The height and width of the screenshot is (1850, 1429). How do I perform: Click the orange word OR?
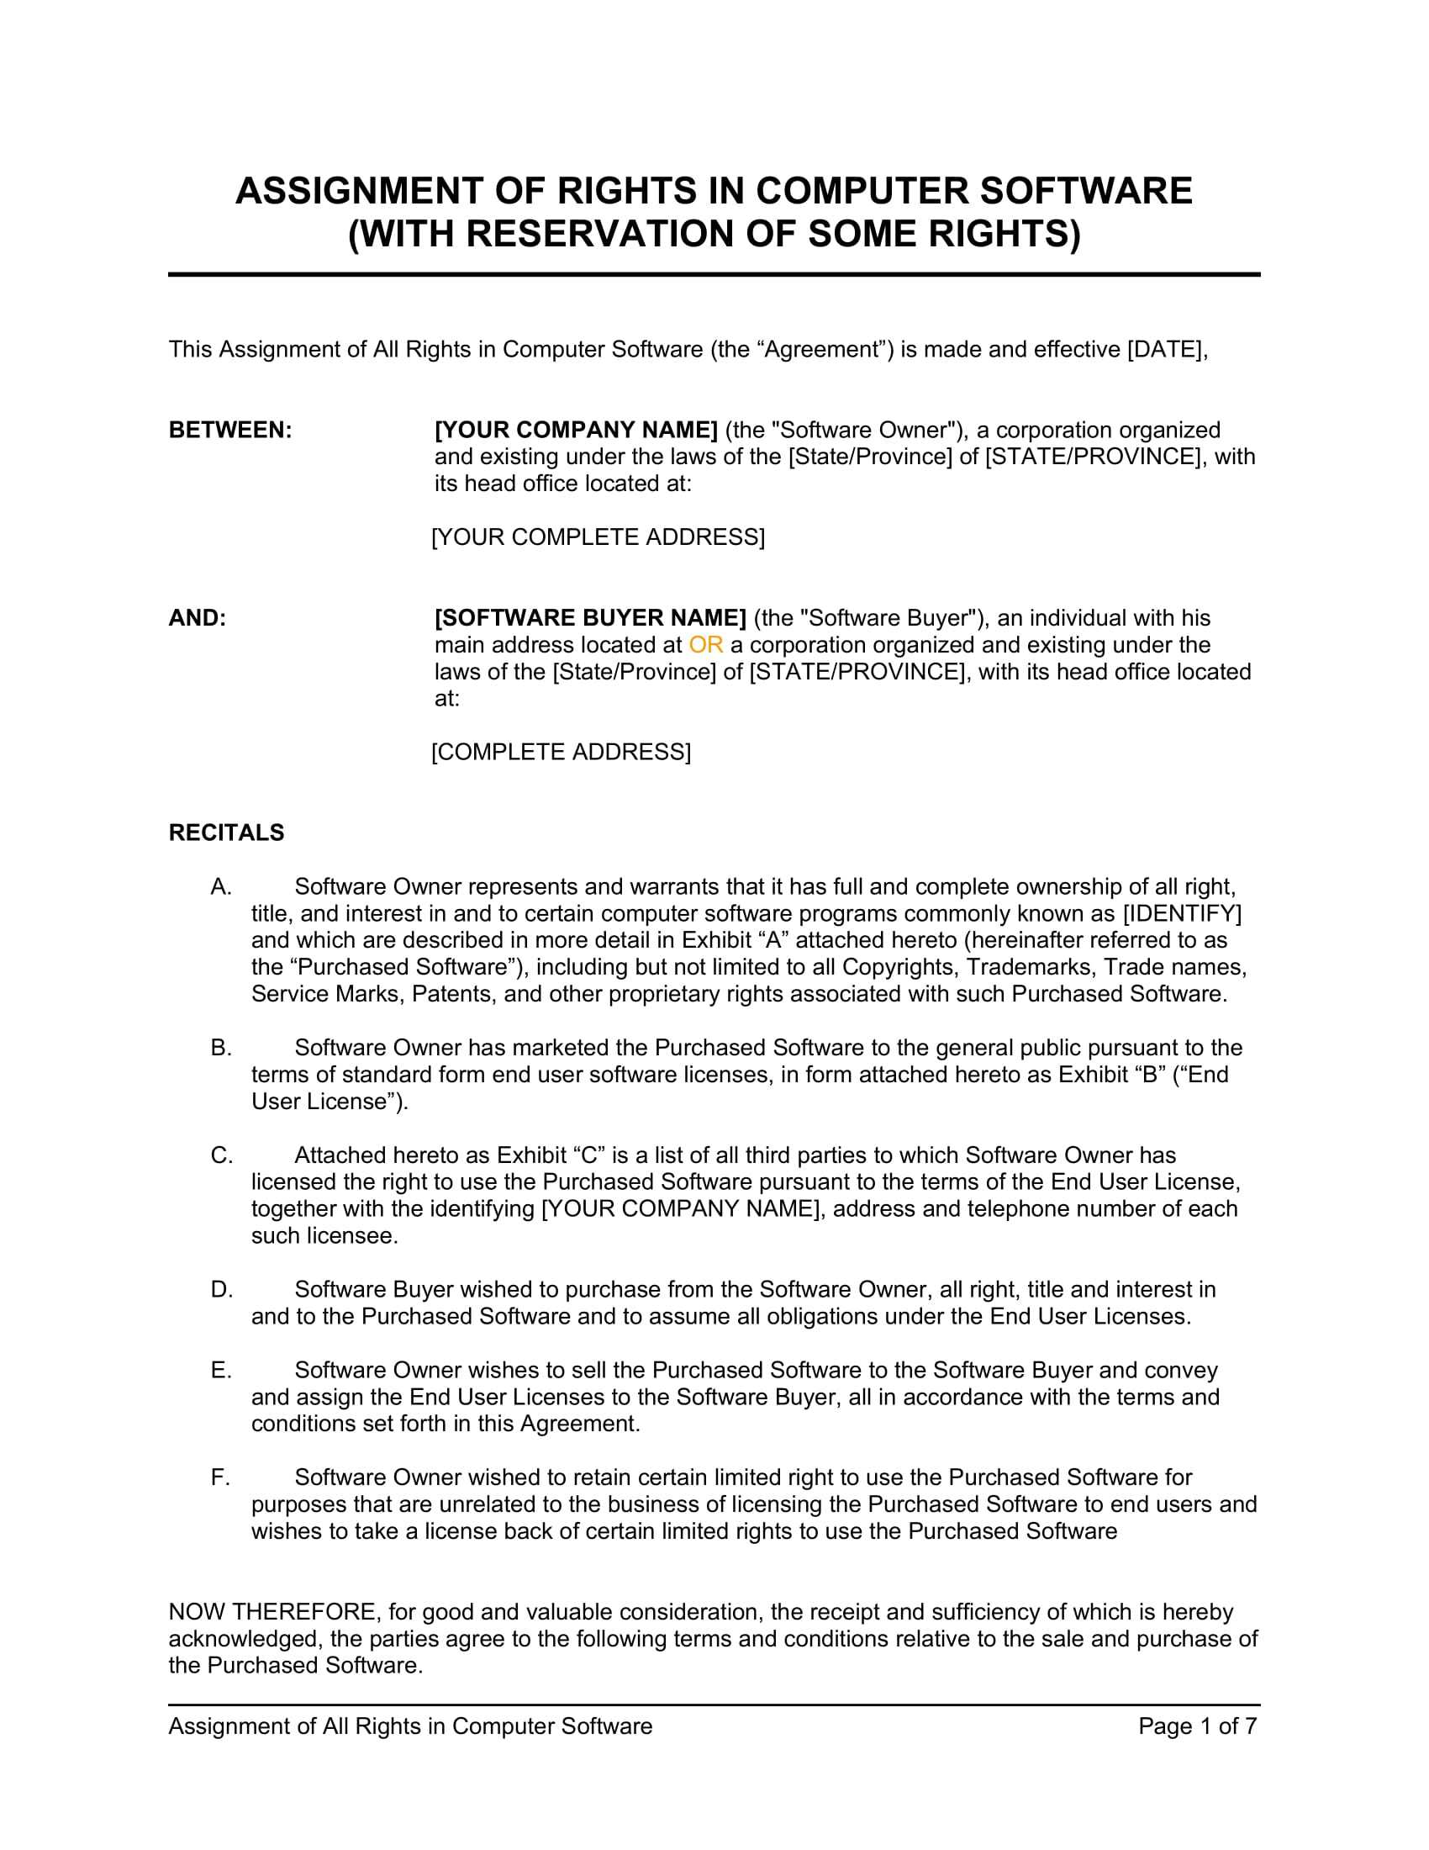tap(705, 645)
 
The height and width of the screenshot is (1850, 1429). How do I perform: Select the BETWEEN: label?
tap(230, 431)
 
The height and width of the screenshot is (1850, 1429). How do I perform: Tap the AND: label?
tap(198, 618)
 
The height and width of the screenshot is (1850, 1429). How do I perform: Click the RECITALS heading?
tap(227, 832)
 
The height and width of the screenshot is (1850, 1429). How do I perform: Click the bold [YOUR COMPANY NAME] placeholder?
tap(576, 431)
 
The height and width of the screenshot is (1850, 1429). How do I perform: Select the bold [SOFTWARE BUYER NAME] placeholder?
tap(590, 618)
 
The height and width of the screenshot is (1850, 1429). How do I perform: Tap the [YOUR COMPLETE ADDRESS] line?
tap(598, 537)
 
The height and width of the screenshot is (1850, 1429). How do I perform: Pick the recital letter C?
tap(222, 1155)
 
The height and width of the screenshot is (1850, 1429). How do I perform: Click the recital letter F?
tap(220, 1477)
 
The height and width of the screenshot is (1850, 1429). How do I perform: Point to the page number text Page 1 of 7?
tap(1197, 1726)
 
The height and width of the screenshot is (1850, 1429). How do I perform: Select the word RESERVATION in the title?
tap(600, 234)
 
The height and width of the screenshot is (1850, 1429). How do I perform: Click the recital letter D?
tap(222, 1289)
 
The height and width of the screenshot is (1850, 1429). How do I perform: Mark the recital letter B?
tap(222, 1048)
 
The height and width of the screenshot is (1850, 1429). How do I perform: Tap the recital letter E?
tap(221, 1370)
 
